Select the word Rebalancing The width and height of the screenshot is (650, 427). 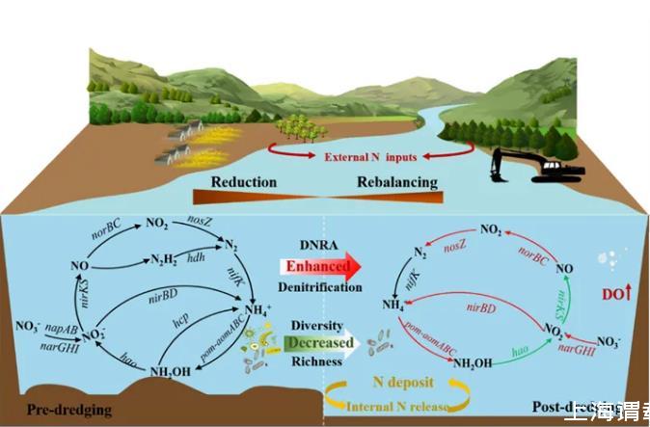click(x=397, y=182)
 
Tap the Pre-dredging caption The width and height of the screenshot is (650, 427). click(x=69, y=410)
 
